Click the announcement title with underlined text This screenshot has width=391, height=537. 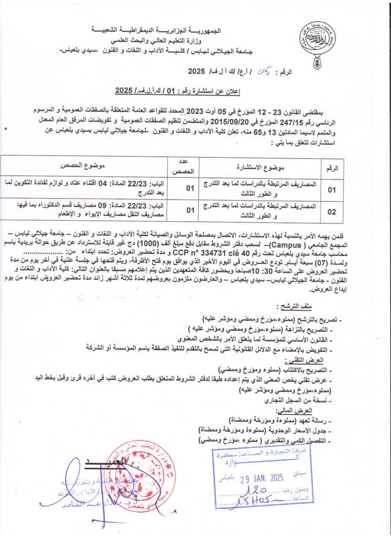(x=175, y=90)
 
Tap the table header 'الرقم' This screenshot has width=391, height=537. (x=331, y=168)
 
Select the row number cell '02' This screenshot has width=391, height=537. (x=331, y=213)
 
